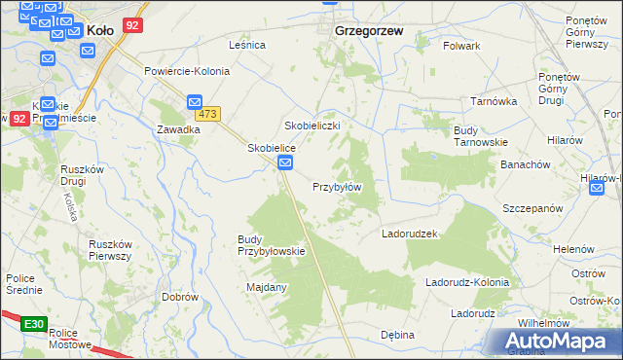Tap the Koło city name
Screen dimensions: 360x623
tap(101, 30)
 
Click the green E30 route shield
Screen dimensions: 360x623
tap(33, 323)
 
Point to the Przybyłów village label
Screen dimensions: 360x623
tap(337, 187)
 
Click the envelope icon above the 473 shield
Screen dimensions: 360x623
tap(194, 100)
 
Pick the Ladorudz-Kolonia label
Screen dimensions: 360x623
tap(467, 283)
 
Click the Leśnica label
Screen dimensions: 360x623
tap(247, 45)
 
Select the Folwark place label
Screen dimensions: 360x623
tap(461, 46)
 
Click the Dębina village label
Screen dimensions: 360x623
tap(397, 335)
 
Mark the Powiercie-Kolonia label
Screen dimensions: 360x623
tap(187, 71)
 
